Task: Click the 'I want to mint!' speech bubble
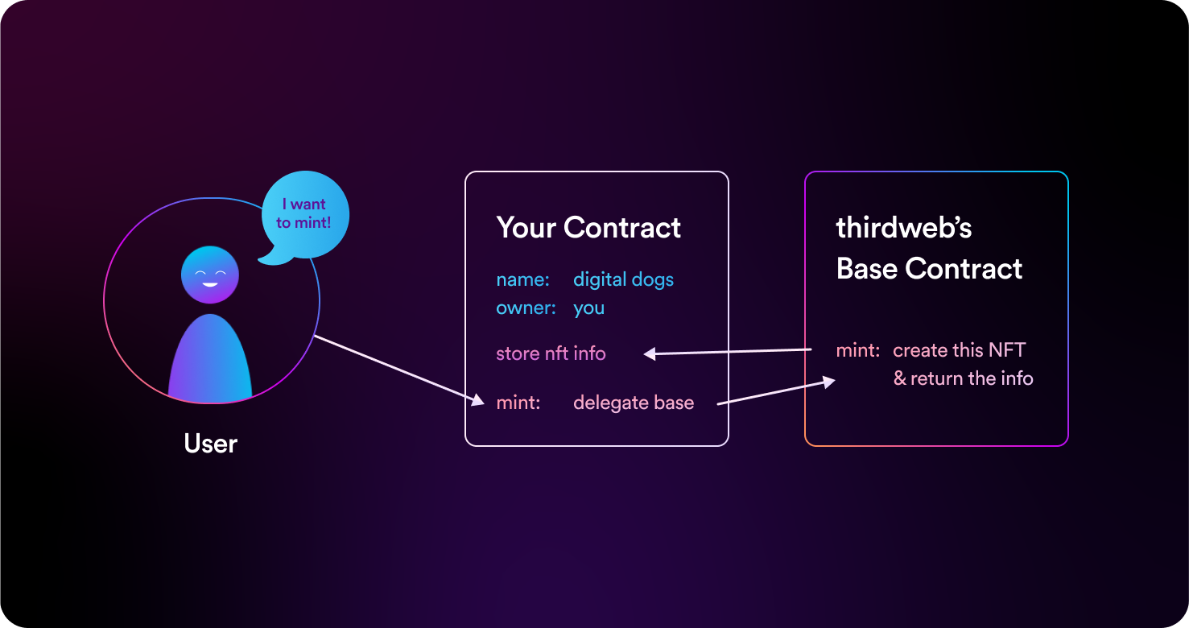pyautogui.click(x=305, y=214)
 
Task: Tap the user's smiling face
pyautogui.click(x=210, y=275)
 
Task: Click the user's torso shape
pyautogui.click(x=210, y=361)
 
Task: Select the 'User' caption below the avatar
pyautogui.click(x=211, y=444)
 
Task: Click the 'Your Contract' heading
pyautogui.click(x=588, y=228)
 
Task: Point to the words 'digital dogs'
pyautogui.click(x=623, y=280)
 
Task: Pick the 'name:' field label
pyautogui.click(x=522, y=280)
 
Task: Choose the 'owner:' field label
pyautogui.click(x=526, y=308)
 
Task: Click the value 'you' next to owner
pyautogui.click(x=588, y=308)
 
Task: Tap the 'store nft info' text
pyautogui.click(x=551, y=353)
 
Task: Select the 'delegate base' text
pyautogui.click(x=634, y=403)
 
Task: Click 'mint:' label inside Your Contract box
pyautogui.click(x=518, y=403)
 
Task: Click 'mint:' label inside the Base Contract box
pyautogui.click(x=858, y=351)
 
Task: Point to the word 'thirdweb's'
pyautogui.click(x=904, y=229)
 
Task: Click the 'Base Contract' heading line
pyautogui.click(x=929, y=269)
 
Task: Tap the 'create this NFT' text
pyautogui.click(x=960, y=351)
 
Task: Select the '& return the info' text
pyautogui.click(x=963, y=378)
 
